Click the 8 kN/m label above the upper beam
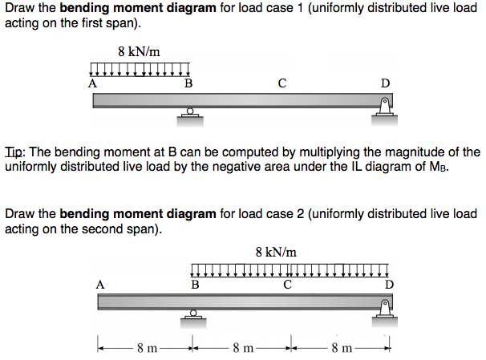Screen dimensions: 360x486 [x=139, y=51]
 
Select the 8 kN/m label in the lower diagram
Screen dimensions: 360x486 [x=276, y=252]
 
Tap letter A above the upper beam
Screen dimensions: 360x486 [x=92, y=82]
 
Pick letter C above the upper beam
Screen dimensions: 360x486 [x=282, y=82]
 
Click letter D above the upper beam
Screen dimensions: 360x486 [x=386, y=82]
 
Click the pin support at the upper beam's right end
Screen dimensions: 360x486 [x=385, y=109]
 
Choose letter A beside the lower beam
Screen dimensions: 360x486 [x=99, y=283]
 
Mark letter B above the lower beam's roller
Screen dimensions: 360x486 [x=195, y=283]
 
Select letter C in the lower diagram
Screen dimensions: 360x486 [x=287, y=283]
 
